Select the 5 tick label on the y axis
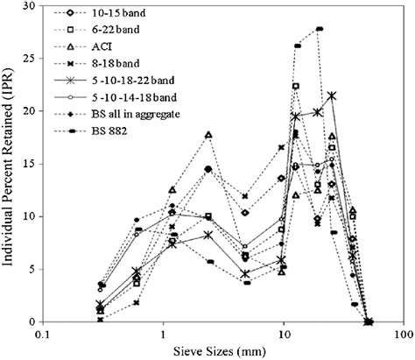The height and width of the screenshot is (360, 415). (33, 269)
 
